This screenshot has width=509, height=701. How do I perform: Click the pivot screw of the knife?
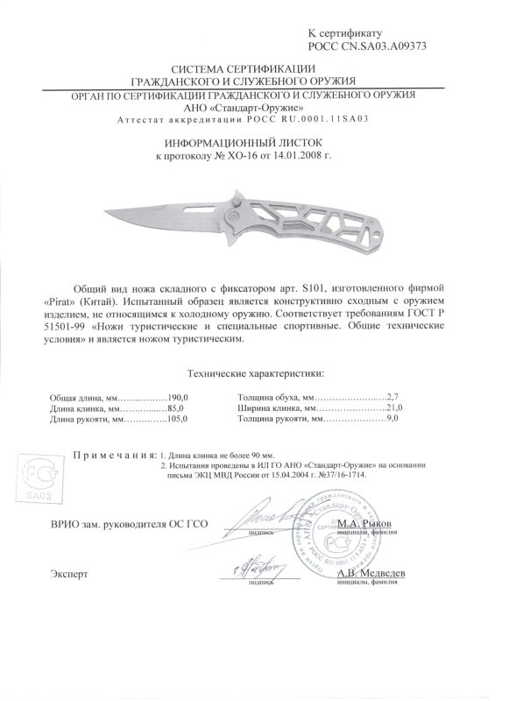point(235,213)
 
